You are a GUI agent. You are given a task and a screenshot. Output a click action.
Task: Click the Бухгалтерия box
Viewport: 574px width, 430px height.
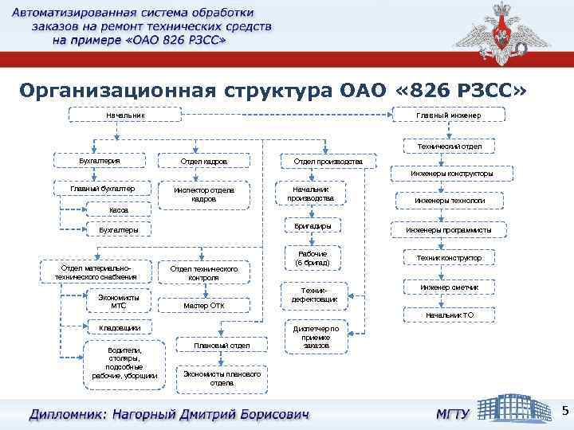click(100, 160)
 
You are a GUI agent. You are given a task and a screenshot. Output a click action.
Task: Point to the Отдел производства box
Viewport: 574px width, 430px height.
click(328, 162)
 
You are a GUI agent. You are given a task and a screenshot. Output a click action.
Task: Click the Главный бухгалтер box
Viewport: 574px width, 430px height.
click(101, 189)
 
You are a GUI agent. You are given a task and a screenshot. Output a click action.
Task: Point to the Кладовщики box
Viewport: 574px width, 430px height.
click(120, 327)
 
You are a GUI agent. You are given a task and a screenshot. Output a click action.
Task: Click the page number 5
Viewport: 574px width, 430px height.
click(564, 411)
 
